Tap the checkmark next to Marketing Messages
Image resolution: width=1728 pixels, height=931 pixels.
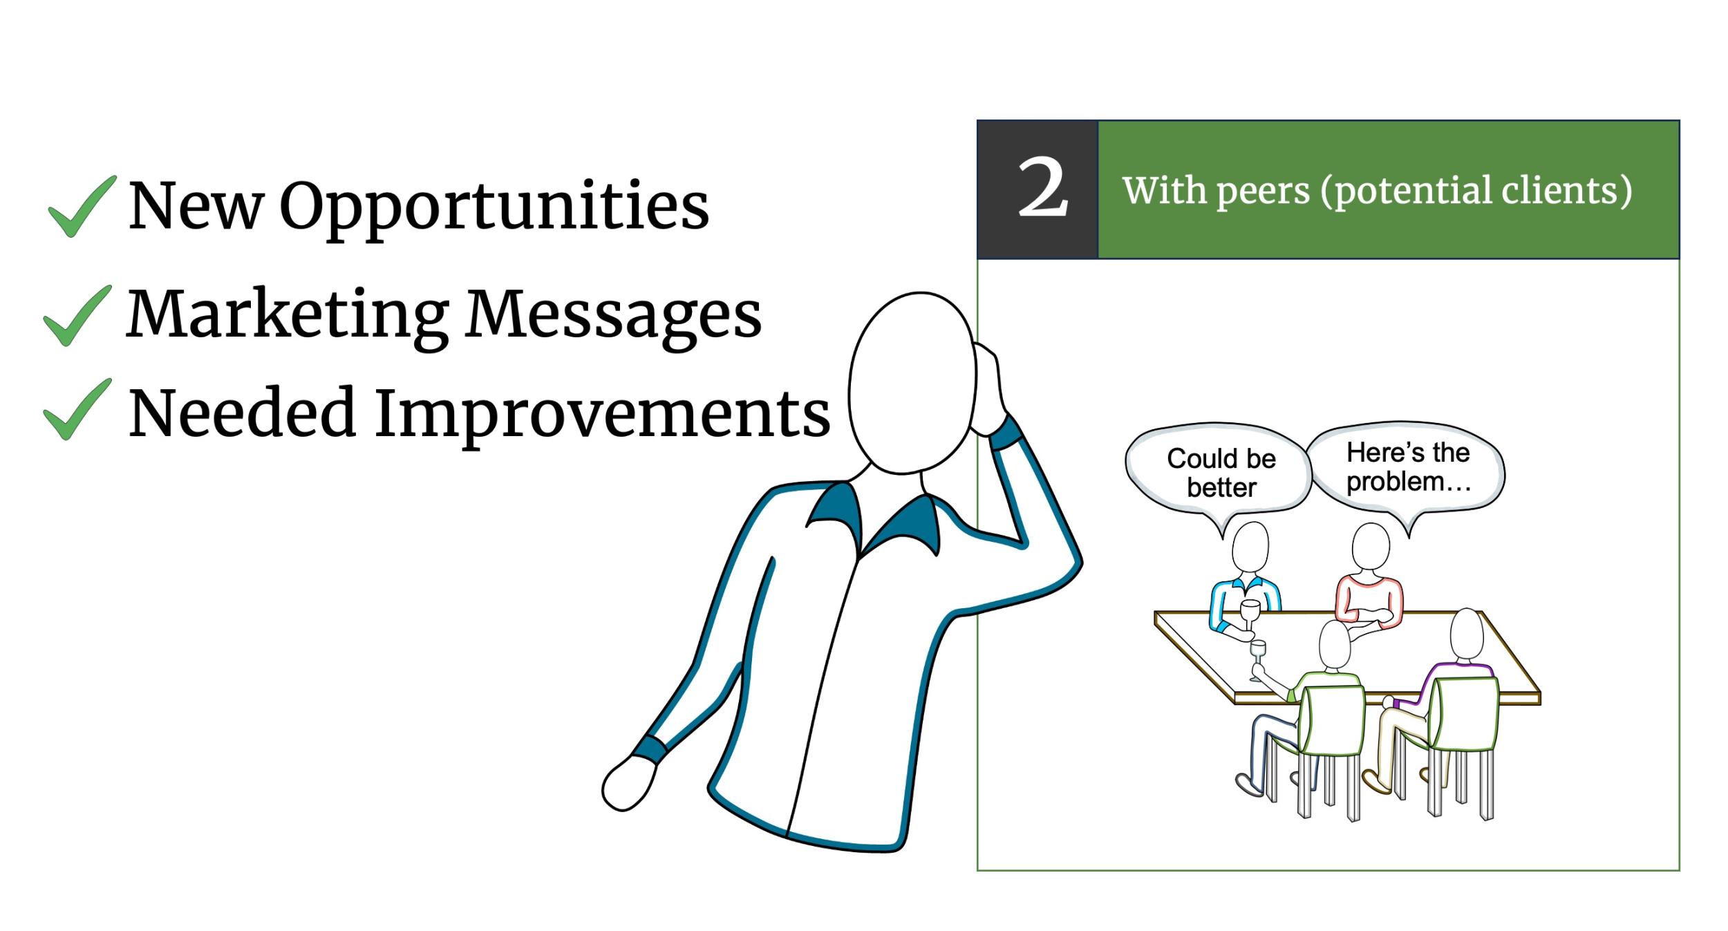click(77, 316)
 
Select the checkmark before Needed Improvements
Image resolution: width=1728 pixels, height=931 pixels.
click(77, 409)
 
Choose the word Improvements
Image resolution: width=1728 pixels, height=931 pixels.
click(602, 413)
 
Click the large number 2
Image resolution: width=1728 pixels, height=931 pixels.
click(1043, 187)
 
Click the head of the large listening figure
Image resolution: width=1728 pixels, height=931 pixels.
click(912, 383)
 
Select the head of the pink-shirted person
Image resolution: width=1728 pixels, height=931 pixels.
click(1371, 546)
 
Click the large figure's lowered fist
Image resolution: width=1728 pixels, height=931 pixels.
click(628, 784)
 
